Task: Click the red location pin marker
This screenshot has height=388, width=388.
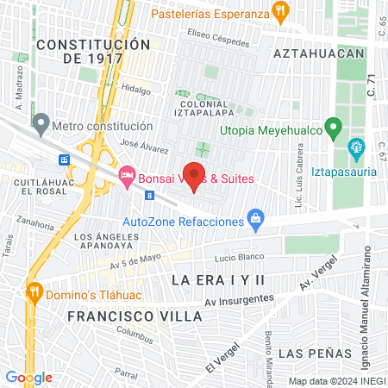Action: (194, 174)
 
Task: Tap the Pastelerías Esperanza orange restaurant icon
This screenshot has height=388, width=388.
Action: (279, 10)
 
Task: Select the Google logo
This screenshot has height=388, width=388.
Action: (28, 377)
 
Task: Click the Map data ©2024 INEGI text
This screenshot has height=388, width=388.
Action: (335, 380)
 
